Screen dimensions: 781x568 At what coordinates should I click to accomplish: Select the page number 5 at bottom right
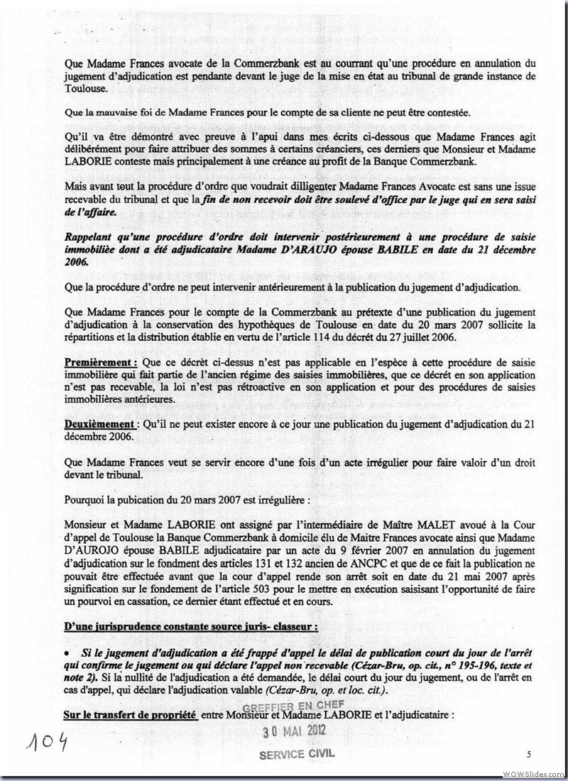click(529, 753)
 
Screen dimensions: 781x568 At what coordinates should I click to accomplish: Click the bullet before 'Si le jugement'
click(67, 652)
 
